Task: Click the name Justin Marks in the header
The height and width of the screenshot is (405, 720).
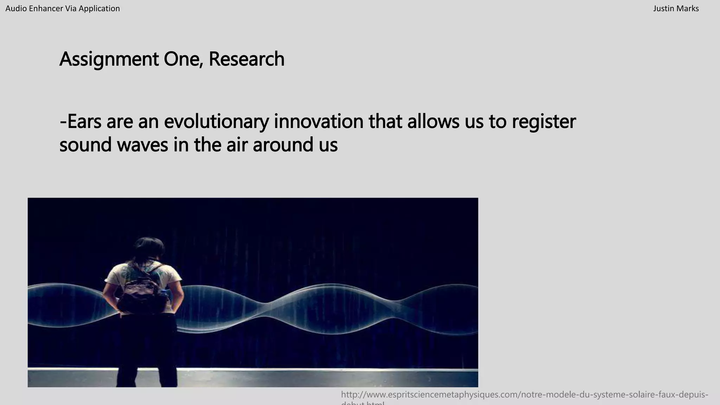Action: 676,8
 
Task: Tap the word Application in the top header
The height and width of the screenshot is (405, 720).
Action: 99,8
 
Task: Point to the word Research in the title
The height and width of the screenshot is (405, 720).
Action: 246,59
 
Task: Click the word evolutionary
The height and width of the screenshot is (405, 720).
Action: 216,121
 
